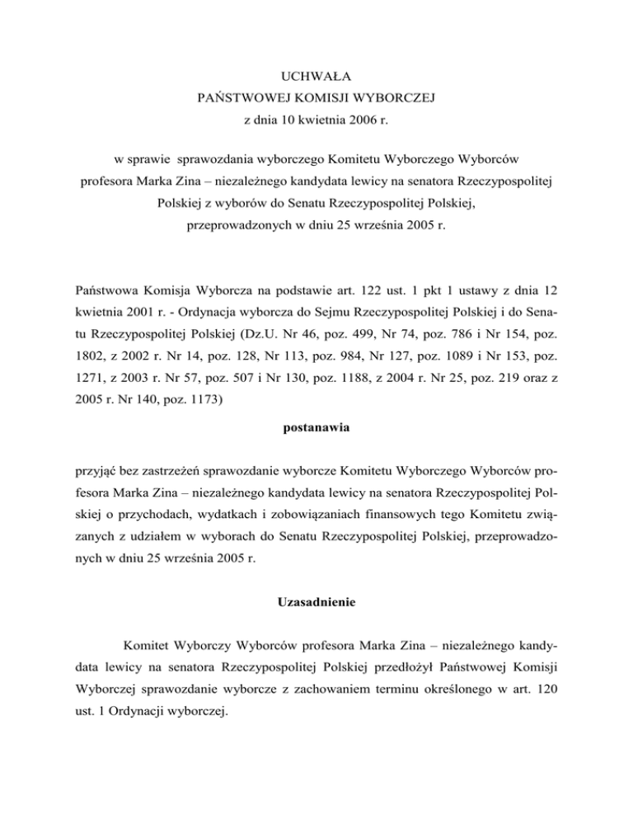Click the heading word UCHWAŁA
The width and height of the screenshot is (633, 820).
click(316, 78)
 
